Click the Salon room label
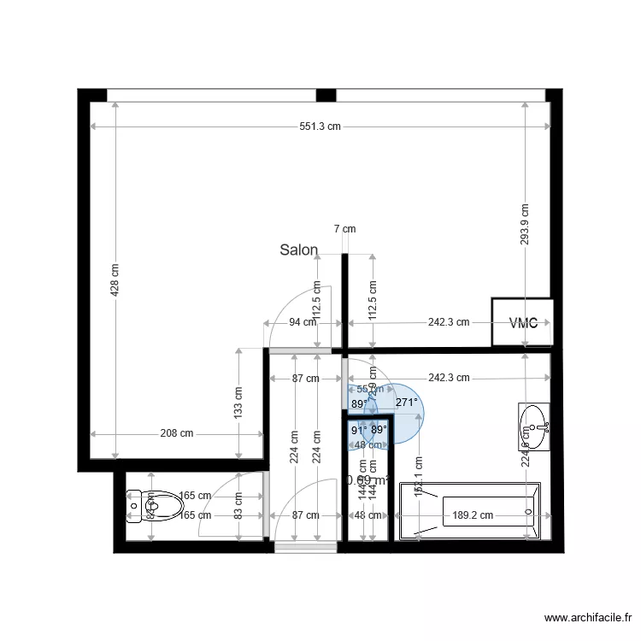click(299, 250)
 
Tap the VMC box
click(523, 323)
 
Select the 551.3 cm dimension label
click(320, 126)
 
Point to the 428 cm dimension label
click(115, 278)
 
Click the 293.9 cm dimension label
click(525, 224)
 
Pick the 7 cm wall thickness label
click(344, 229)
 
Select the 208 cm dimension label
click(175, 433)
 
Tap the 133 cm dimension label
click(238, 402)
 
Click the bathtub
click(479, 513)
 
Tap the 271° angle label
click(407, 403)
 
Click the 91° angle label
click(359, 430)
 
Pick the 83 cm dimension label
click(238, 506)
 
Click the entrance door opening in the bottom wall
click(306, 547)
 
